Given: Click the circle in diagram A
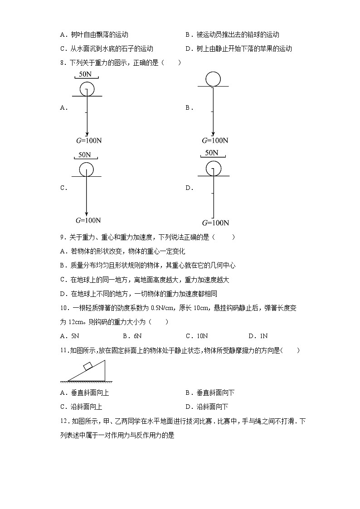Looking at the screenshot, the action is [87, 88].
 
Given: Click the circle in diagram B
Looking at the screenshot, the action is [213, 79].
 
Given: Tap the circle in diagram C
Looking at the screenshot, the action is [86, 170].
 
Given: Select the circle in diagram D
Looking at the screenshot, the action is [214, 169].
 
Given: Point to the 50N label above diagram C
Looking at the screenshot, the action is [85, 155].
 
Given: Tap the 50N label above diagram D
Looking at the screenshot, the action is [211, 153].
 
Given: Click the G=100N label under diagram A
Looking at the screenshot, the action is [89, 141].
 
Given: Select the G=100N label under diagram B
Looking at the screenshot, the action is [215, 141].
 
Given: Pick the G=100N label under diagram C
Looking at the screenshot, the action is [88, 221].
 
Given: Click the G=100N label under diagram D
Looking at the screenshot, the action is [215, 223].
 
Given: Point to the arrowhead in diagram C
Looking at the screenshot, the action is [86, 211].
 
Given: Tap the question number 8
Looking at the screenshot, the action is [62, 63].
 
